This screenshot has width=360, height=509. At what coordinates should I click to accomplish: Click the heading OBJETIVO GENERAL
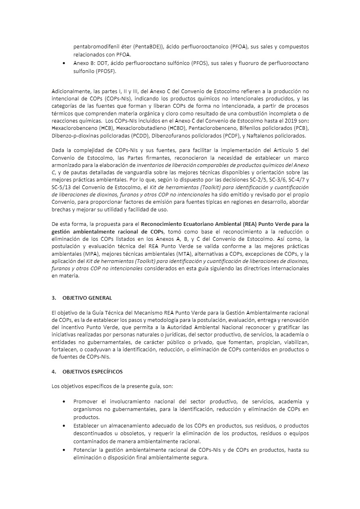coord(87,298)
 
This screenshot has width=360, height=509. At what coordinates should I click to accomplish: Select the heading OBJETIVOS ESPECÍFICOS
coord(92,371)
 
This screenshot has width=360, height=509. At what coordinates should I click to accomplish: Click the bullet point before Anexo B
coord(65,64)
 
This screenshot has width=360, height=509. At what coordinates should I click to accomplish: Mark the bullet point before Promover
coord(65,402)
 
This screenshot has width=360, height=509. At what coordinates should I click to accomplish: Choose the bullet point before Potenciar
coord(65,450)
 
